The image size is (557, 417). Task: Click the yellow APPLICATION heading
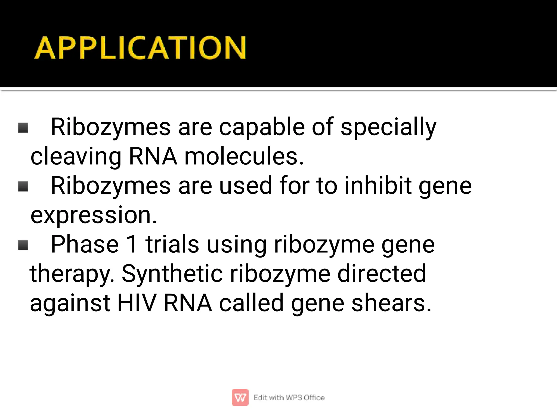(x=140, y=48)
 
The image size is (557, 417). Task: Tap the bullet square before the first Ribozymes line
(x=23, y=128)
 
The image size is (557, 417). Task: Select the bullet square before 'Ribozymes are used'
(x=23, y=186)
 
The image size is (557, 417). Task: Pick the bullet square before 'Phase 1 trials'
(x=23, y=245)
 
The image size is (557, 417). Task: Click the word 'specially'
(x=388, y=127)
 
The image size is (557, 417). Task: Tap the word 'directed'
(x=381, y=274)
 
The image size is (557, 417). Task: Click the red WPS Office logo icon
(x=240, y=397)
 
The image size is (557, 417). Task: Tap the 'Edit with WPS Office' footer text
(x=289, y=398)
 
